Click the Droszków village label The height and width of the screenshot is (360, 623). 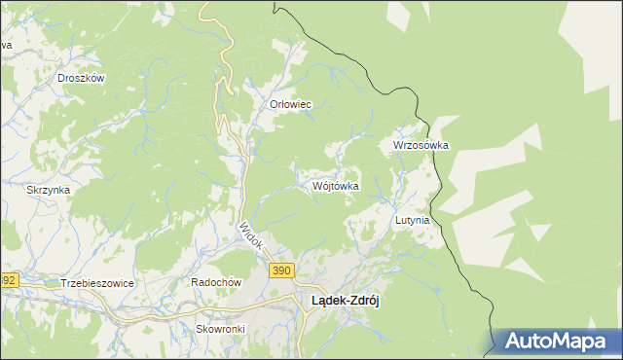(81, 78)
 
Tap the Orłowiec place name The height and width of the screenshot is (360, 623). (290, 104)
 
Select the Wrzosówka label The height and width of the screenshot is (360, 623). (421, 145)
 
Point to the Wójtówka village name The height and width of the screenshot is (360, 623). (337, 185)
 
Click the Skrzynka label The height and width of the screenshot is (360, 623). (49, 190)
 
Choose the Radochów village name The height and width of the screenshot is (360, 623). (215, 282)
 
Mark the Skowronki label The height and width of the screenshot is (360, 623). (220, 329)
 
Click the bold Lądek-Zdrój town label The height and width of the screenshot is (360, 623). (345, 301)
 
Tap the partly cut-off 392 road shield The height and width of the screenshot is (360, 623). (8, 280)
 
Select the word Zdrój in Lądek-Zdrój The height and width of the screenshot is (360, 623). (363, 301)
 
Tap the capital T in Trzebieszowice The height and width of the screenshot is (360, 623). (63, 282)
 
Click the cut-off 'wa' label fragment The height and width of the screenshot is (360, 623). (5, 46)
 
